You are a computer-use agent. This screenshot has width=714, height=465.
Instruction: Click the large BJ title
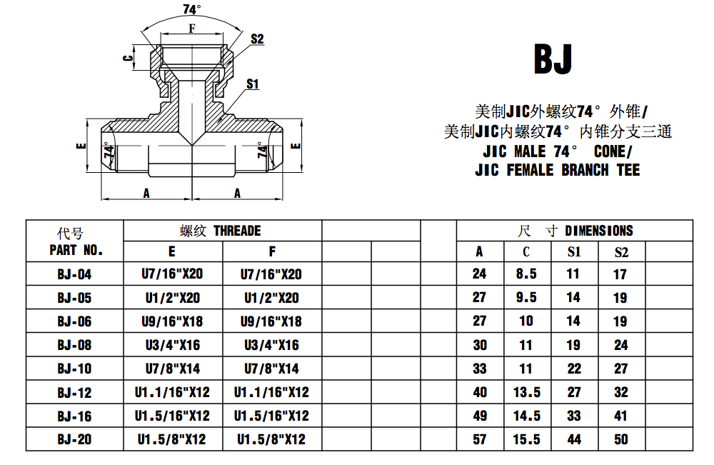tap(553, 60)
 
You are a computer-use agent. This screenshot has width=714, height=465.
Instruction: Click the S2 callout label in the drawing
tap(257, 39)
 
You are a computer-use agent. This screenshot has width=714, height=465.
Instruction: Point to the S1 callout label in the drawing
tap(252, 84)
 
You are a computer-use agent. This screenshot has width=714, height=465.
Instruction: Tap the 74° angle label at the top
tap(192, 9)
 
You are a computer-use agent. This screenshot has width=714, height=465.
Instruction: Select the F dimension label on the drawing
tap(191, 29)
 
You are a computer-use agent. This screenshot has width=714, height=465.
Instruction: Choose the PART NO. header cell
tap(75, 250)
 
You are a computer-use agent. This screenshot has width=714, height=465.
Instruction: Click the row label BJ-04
tap(75, 274)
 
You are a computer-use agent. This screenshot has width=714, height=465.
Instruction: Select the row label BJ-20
tap(75, 439)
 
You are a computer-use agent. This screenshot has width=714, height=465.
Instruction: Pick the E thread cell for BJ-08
tap(172, 345)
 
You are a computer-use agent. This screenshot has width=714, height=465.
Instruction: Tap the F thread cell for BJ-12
tap(271, 392)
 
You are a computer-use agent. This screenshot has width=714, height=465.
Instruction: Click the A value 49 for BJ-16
tap(480, 416)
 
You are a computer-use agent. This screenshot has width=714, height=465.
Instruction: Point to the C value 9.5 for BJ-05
tap(526, 298)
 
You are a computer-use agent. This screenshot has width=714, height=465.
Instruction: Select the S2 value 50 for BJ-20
tap(621, 439)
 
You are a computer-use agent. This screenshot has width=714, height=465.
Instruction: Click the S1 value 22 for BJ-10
tap(574, 369)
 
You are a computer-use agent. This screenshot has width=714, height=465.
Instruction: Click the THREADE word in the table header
tap(237, 231)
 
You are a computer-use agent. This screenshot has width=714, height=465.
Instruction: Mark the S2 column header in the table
tap(621, 251)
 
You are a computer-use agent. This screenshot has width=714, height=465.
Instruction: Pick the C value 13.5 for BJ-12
tap(526, 392)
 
